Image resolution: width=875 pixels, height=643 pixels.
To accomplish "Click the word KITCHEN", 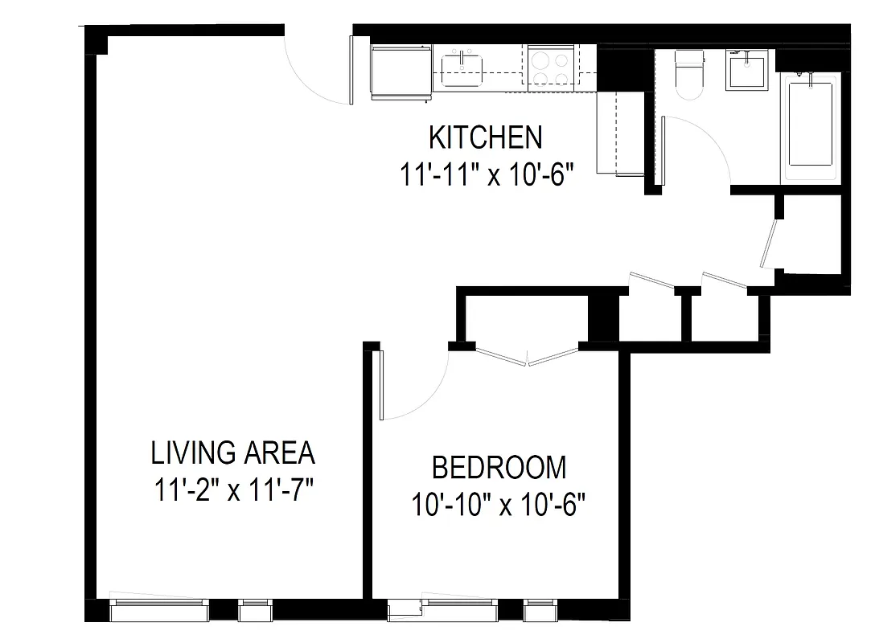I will pos(485,137).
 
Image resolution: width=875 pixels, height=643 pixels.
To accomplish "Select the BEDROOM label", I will pos(499,467).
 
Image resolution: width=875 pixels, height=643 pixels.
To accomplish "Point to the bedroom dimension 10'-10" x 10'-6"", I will pos(498,506).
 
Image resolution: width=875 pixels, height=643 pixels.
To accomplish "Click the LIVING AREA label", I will pos(232,453).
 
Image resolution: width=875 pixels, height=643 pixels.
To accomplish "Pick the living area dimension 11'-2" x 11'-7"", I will pos(232,489).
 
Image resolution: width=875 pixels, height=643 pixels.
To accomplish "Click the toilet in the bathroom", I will pos(689,75).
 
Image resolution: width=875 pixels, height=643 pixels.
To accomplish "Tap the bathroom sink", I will pos(747,70).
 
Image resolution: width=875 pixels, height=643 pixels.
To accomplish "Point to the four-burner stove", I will pos(551,66).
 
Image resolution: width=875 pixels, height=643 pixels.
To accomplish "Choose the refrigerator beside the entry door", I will pos(401,73).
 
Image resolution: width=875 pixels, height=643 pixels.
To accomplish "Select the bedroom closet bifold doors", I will pos(527,357).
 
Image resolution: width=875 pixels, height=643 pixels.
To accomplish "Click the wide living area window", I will pos(158,611).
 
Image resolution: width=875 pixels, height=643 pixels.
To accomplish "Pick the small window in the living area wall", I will pos(257,612).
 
